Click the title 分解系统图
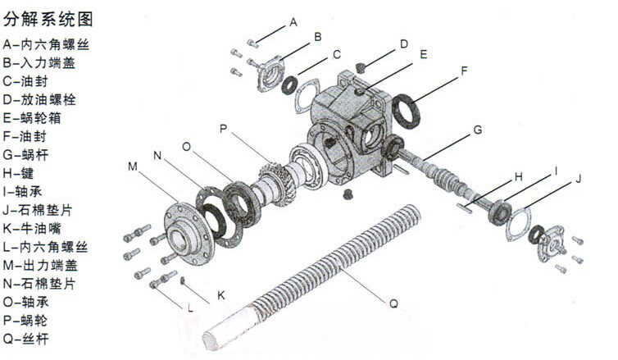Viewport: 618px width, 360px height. [48, 19]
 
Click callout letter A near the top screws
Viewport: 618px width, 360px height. [293, 22]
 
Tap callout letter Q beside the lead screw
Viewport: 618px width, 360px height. [393, 303]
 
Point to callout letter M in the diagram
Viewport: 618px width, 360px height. [133, 166]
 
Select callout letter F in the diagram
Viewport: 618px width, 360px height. [464, 71]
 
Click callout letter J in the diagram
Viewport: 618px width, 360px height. [578, 179]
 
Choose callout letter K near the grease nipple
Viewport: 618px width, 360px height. [221, 295]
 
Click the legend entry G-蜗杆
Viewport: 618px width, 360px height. [25, 154]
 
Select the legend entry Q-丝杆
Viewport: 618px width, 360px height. [25, 339]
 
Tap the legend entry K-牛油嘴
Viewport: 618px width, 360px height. [32, 228]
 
